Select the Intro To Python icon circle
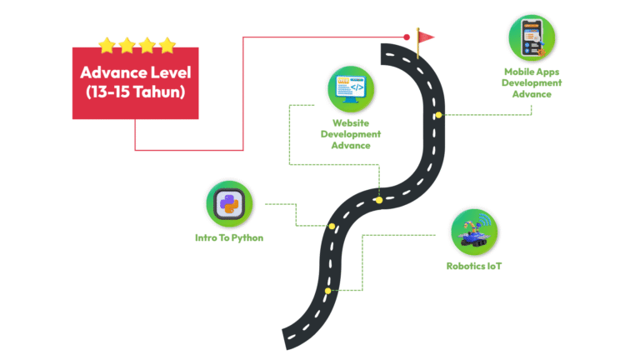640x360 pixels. [228, 203]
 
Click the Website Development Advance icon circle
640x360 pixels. [351, 87]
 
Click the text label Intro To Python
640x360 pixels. [228, 237]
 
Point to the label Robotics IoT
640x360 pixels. [473, 267]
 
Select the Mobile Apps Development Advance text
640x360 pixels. [532, 82]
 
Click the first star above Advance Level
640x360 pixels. [107, 44]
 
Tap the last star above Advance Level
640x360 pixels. [167, 44]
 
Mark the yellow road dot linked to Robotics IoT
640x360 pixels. [328, 290]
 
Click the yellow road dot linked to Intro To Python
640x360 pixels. [332, 226]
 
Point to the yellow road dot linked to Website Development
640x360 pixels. [378, 200]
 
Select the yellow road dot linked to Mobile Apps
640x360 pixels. [437, 114]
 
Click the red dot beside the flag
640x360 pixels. [407, 37]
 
